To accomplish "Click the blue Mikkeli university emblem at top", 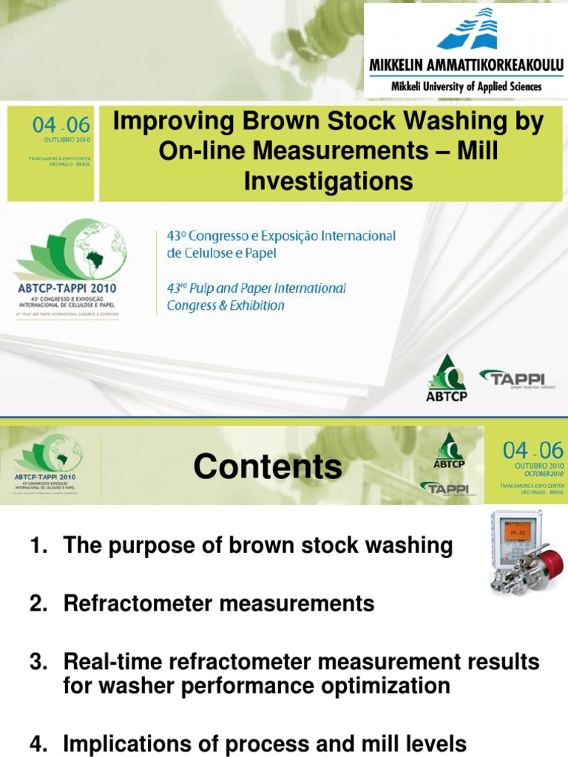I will [467, 29].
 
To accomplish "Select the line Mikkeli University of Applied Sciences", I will [466, 86].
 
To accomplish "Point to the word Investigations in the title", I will [328, 180].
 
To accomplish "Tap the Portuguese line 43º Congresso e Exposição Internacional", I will [281, 236].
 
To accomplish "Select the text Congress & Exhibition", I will [226, 305].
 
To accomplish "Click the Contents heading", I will [268, 466].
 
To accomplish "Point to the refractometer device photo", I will [526, 553].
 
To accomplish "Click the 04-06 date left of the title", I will [51, 126].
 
